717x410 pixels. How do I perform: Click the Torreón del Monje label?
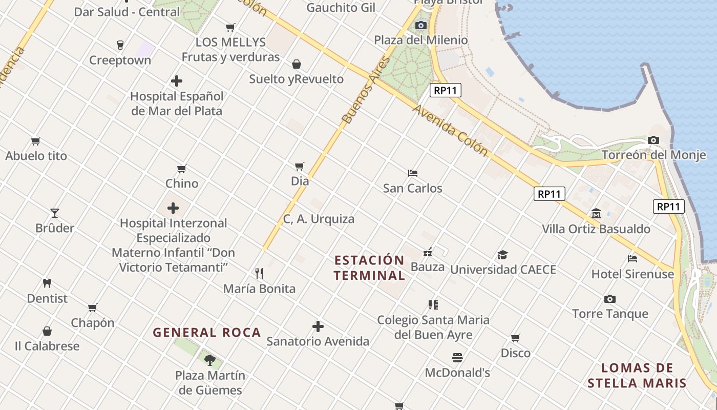pos(653,155)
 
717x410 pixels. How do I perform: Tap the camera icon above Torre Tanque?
pos(609,299)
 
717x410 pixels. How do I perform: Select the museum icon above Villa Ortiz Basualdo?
pos(596,213)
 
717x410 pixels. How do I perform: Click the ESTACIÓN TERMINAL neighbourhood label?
pos(369,268)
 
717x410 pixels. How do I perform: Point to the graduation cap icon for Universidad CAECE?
pos(502,255)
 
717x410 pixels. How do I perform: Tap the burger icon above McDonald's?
pos(457,357)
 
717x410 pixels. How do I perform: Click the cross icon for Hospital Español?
pos(177,81)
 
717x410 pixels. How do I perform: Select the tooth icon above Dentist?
pos(47,283)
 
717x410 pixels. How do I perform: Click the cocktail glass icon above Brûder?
pos(55,213)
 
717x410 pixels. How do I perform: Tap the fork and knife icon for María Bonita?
pos(259,274)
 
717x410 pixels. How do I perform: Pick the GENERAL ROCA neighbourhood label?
pos(207,333)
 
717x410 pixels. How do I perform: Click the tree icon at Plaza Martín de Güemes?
pos(209,360)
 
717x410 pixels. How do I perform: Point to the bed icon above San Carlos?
pos(413,173)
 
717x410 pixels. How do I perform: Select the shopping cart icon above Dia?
pos(300,166)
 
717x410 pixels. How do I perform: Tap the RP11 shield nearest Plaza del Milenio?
pos(446,91)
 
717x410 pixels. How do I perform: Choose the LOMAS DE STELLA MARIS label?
pos(637,375)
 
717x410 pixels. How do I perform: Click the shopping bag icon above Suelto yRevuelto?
pos(296,64)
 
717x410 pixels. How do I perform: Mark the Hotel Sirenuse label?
pos(632,274)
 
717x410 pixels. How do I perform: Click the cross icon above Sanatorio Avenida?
pos(318,326)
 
